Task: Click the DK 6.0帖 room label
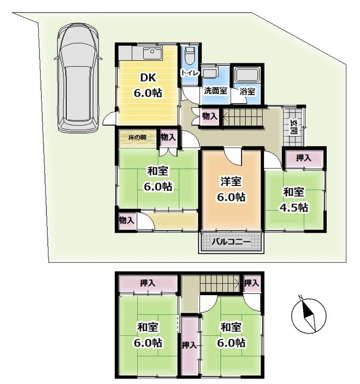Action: pyautogui.click(x=148, y=85)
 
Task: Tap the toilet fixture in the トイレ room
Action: pyautogui.click(x=189, y=55)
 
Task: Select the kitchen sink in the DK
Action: pyautogui.click(x=152, y=53)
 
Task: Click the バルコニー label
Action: pyautogui.click(x=231, y=242)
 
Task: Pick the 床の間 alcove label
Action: pyautogui.click(x=137, y=137)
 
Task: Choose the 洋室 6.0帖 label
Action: pyautogui.click(x=231, y=189)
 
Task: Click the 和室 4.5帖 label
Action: pyautogui.click(x=294, y=199)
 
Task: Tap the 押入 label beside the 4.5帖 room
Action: pyautogui.click(x=303, y=158)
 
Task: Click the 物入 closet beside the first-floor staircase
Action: pyautogui.click(x=210, y=116)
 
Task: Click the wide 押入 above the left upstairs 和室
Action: pyautogui.click(x=148, y=283)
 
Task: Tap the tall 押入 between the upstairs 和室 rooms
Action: pyautogui.click(x=189, y=345)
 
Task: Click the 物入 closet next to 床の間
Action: pyautogui.click(x=168, y=138)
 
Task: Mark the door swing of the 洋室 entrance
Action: pyautogui.click(x=233, y=157)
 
